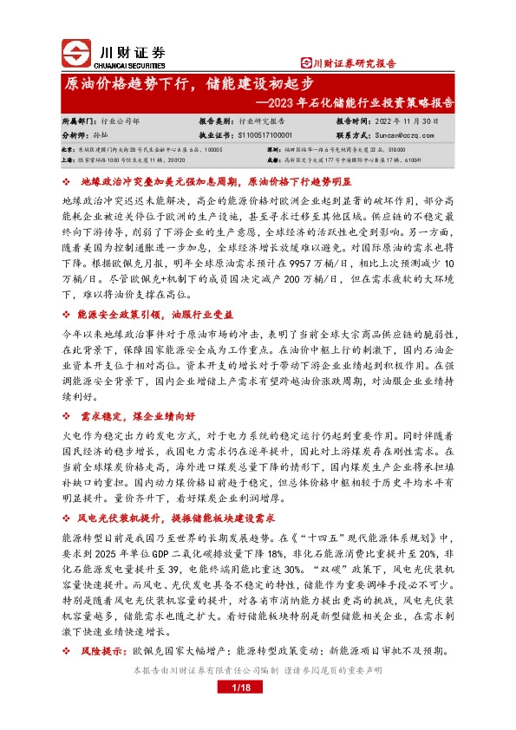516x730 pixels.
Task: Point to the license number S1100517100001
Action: coord(258,136)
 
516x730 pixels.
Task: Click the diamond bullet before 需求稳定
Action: coord(67,415)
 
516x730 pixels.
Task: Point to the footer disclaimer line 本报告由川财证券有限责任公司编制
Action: coord(199,669)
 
